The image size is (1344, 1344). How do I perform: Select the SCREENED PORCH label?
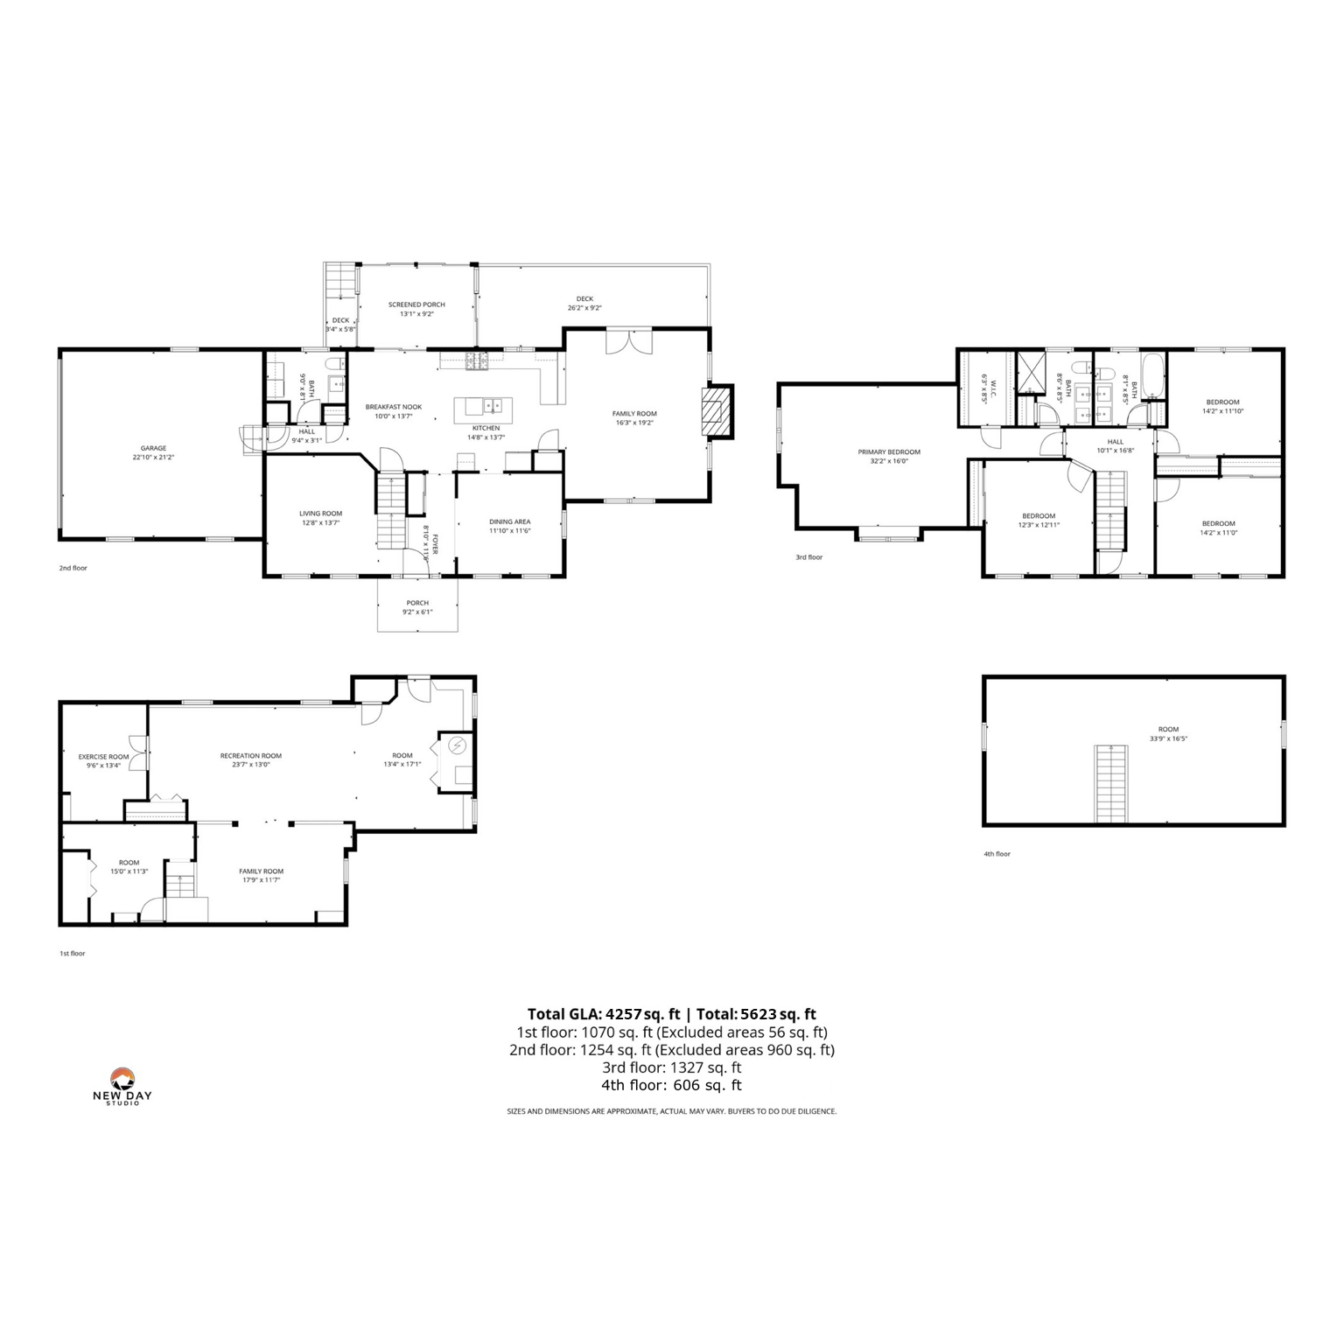[x=416, y=304]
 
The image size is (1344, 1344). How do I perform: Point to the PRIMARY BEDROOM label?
[x=889, y=452]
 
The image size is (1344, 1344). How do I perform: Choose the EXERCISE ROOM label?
[x=103, y=757]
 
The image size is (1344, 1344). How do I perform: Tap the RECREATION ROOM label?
[x=251, y=756]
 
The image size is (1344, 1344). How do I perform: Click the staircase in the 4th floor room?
[x=1110, y=784]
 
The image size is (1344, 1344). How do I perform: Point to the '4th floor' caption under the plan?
[x=997, y=854]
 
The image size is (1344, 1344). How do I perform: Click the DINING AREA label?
[x=509, y=522]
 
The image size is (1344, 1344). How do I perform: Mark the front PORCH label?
[x=417, y=603]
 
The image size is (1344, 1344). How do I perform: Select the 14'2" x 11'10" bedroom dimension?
[x=1222, y=411]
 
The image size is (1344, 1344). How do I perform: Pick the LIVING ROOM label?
[x=320, y=514]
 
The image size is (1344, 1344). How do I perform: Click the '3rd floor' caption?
[x=808, y=557]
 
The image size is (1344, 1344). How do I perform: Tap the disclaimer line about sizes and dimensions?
[x=671, y=1111]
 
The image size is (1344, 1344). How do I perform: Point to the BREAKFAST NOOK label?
[x=394, y=407]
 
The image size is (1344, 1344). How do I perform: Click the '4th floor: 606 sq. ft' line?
[x=671, y=1085]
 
